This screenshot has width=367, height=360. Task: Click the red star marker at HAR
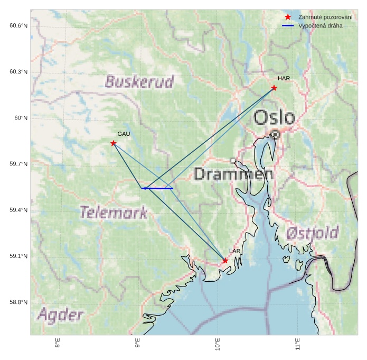pyautogui.click(x=274, y=88)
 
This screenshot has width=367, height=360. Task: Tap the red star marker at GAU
pyautogui.click(x=114, y=143)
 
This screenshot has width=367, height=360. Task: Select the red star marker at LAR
pyautogui.click(x=225, y=261)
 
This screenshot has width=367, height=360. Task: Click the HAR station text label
pyautogui.click(x=284, y=78)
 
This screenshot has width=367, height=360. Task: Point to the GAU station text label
pyautogui.click(x=124, y=134)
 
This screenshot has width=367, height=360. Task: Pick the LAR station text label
pyautogui.click(x=235, y=251)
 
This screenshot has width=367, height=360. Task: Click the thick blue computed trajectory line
pyautogui.click(x=158, y=188)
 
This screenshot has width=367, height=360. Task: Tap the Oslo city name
pyautogui.click(x=274, y=117)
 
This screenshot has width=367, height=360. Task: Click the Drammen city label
pyautogui.click(x=233, y=174)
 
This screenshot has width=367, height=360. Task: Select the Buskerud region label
pyautogui.click(x=139, y=82)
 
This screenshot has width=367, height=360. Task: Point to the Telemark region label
pyautogui.click(x=114, y=213)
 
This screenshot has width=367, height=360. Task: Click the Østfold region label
pyautogui.click(x=312, y=233)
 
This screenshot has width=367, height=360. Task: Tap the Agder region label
pyautogui.click(x=60, y=316)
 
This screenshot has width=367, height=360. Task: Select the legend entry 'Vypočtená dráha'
pyautogui.click(x=320, y=25)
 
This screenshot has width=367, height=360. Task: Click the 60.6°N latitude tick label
pyautogui.click(x=18, y=26)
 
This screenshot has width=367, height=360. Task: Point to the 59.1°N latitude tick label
pyautogui.click(x=18, y=256)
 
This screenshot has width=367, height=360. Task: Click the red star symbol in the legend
pyautogui.click(x=288, y=17)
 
